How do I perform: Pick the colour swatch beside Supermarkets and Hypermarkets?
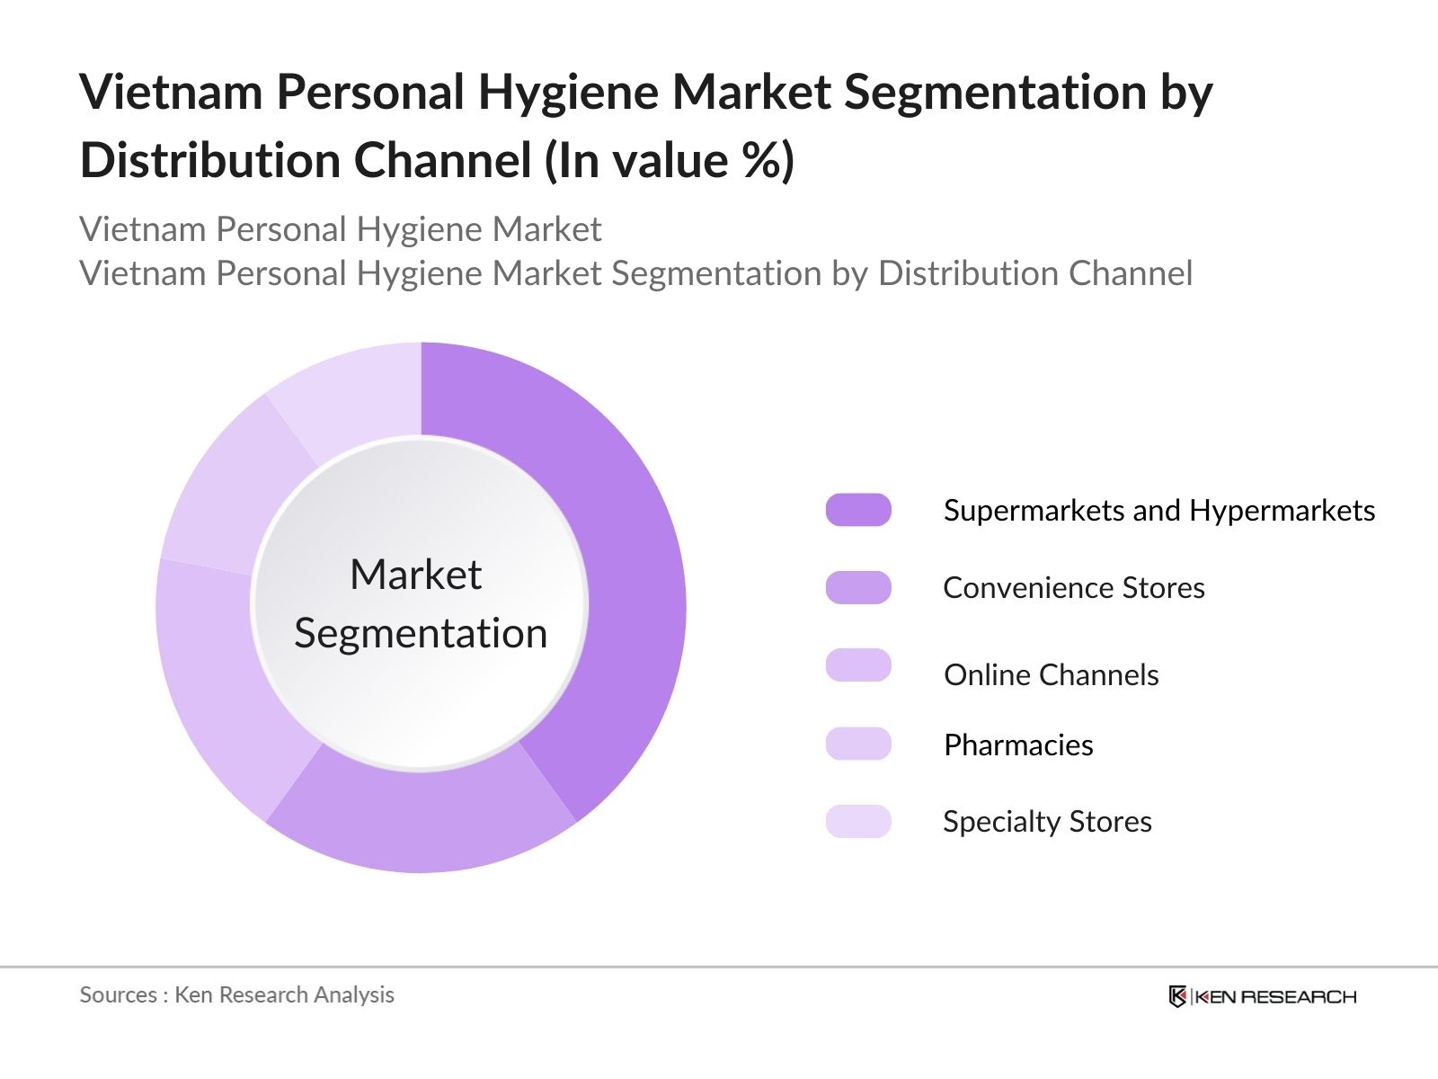[x=858, y=510]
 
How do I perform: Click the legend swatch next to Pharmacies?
[x=858, y=744]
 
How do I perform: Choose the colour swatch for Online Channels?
[x=858, y=665]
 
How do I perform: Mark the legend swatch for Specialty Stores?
[x=858, y=821]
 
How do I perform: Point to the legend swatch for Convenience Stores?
[x=858, y=587]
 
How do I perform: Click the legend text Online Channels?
[x=1051, y=674]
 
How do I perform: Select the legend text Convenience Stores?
[x=1073, y=587]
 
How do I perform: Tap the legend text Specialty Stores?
[x=1047, y=821]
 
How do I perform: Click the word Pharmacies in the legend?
[x=1018, y=745]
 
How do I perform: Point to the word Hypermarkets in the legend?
[x=1282, y=510]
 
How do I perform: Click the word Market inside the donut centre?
[x=415, y=575]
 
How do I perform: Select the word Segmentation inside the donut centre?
[x=421, y=633]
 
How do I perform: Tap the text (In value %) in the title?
[x=670, y=161]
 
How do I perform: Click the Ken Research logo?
[x=1262, y=996]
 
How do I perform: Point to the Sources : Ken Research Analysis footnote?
[x=236, y=994]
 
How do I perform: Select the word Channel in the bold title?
[x=443, y=161]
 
